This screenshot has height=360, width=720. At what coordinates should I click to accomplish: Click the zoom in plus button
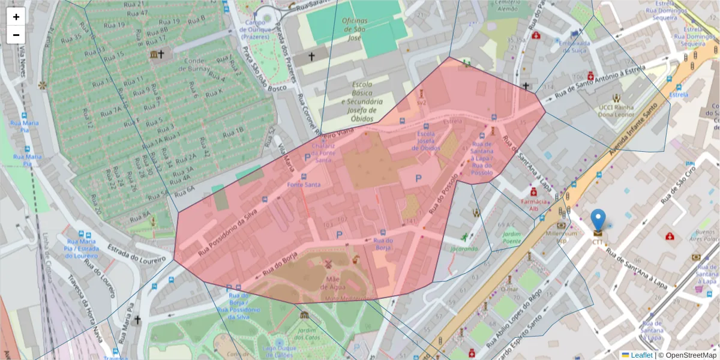coord(16,17)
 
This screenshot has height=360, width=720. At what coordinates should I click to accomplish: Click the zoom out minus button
coord(16,35)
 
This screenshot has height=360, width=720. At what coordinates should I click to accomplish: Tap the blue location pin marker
coord(598,222)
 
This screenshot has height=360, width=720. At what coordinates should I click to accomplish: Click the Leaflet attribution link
coord(641,355)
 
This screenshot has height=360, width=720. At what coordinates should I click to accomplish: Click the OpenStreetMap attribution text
coord(690,355)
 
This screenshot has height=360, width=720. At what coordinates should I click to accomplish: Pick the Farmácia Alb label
coord(537,205)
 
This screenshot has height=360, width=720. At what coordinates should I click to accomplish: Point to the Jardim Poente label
coord(512,237)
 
